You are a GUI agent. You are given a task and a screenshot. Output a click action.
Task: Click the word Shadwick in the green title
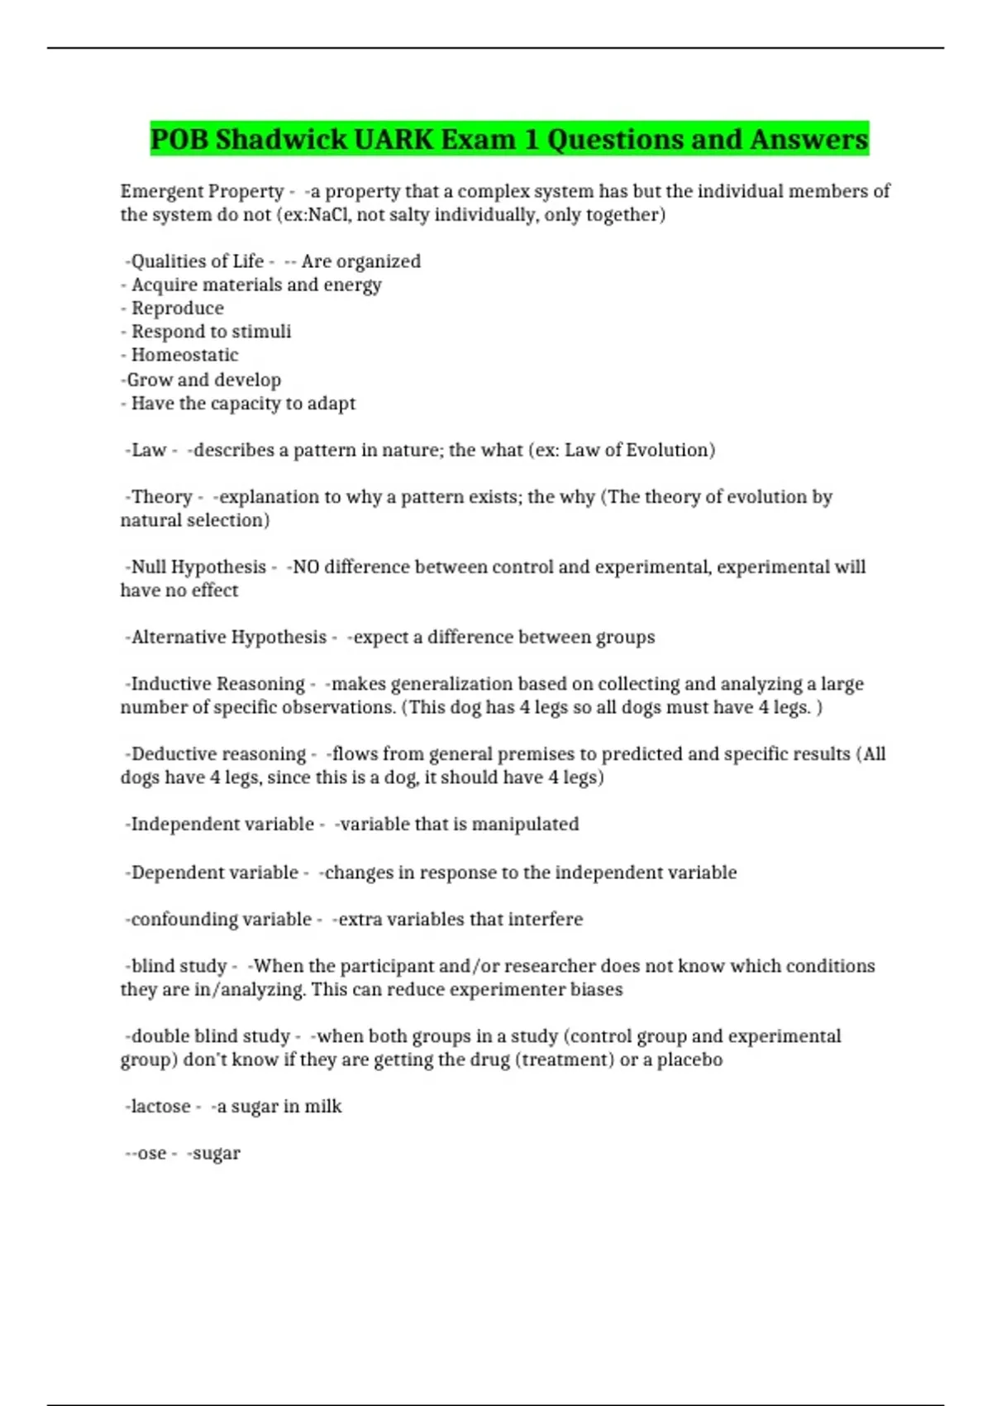281,139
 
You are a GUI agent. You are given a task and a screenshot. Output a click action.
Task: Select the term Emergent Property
202,191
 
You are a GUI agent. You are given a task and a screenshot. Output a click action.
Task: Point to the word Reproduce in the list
178,308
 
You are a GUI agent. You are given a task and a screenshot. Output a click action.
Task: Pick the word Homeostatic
184,355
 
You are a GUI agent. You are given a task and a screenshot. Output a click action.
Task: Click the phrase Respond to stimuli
211,332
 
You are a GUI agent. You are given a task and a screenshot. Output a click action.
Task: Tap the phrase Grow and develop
203,380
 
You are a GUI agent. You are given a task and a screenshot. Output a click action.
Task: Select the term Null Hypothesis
198,567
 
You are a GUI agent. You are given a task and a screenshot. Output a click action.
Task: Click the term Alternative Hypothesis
229,637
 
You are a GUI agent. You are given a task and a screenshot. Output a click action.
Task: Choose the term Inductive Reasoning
217,684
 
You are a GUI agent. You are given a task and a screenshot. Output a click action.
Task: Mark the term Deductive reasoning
218,754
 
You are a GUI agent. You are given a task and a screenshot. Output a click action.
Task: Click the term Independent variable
222,824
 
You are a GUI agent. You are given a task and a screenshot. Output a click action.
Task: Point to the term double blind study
210,1036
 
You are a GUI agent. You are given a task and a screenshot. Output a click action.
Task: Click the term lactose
160,1107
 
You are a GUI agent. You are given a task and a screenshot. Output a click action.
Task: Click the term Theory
161,496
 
